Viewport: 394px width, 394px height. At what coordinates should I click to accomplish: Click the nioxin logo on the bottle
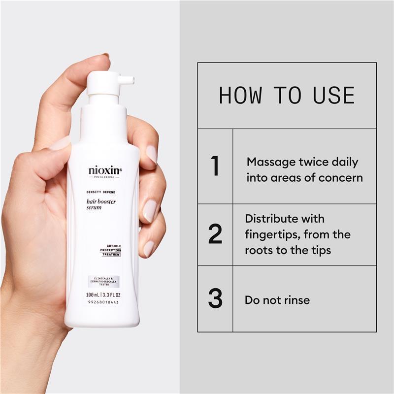click(x=105, y=171)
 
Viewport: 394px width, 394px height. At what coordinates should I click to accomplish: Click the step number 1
click(x=215, y=166)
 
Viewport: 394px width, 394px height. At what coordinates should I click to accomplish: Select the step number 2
click(x=215, y=234)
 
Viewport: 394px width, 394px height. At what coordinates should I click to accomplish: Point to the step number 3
click(x=215, y=299)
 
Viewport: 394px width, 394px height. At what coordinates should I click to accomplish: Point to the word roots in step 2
click(x=259, y=250)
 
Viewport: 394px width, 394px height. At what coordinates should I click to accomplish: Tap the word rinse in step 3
click(x=295, y=299)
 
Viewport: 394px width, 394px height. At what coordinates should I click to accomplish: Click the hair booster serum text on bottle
click(x=101, y=204)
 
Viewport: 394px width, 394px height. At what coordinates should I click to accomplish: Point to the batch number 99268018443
click(x=104, y=302)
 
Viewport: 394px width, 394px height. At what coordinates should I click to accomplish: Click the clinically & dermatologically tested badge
click(x=104, y=282)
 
